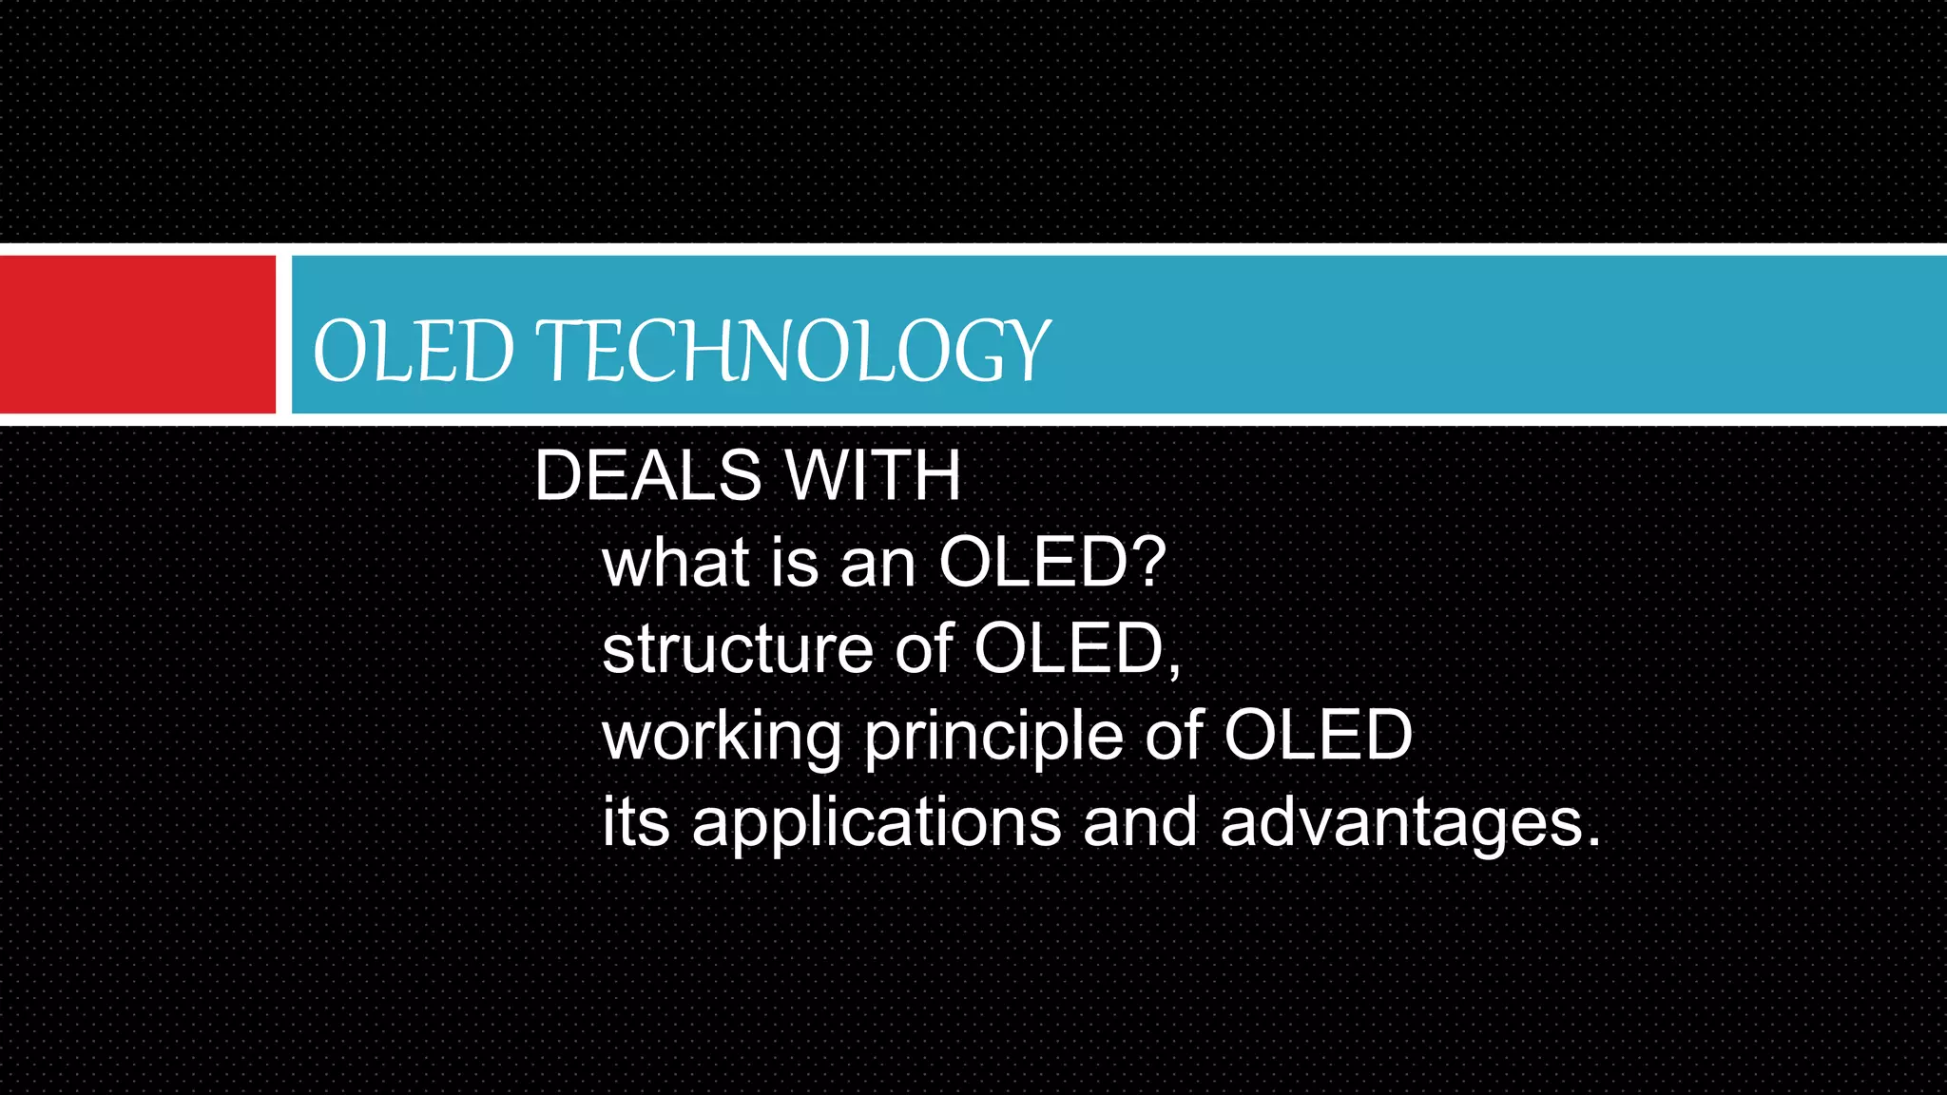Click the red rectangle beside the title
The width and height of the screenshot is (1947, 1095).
pos(137,335)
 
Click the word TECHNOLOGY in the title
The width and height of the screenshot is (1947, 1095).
pos(795,351)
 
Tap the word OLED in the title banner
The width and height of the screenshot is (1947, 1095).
pos(414,351)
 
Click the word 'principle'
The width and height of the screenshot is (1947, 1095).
pos(993,738)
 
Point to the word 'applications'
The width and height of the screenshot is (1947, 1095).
pos(876,823)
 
